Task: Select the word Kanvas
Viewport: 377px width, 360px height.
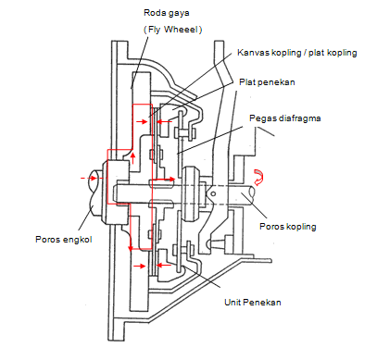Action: [x=254, y=54]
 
